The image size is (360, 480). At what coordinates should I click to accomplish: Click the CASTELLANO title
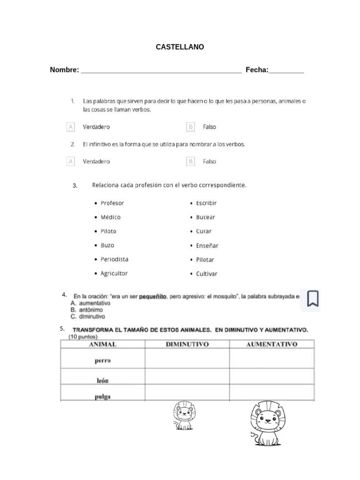[x=180, y=47]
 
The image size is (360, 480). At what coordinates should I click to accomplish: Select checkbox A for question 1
[x=71, y=127]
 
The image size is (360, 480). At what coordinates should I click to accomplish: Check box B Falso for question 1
[x=190, y=127]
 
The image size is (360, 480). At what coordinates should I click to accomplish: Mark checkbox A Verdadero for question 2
[x=71, y=161]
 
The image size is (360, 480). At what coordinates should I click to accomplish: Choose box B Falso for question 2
[x=190, y=161]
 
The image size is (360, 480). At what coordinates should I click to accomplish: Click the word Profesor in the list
[x=112, y=203]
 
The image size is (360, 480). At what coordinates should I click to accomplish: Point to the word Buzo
[x=107, y=245]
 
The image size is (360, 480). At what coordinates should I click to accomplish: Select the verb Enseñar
[x=207, y=246]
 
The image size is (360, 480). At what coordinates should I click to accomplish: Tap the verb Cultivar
[x=207, y=274]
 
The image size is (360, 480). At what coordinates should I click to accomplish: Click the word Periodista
[x=114, y=259]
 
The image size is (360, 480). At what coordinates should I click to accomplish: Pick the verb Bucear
[x=206, y=217]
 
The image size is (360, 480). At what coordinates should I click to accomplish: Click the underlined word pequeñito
[x=153, y=297]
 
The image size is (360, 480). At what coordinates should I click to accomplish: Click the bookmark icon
[x=313, y=298]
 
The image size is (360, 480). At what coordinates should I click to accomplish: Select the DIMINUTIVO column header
[x=187, y=345]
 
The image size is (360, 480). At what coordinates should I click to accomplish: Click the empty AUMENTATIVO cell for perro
[x=271, y=360]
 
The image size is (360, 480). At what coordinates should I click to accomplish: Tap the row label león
[x=103, y=381]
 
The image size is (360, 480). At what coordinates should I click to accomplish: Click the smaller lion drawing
[x=184, y=416]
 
